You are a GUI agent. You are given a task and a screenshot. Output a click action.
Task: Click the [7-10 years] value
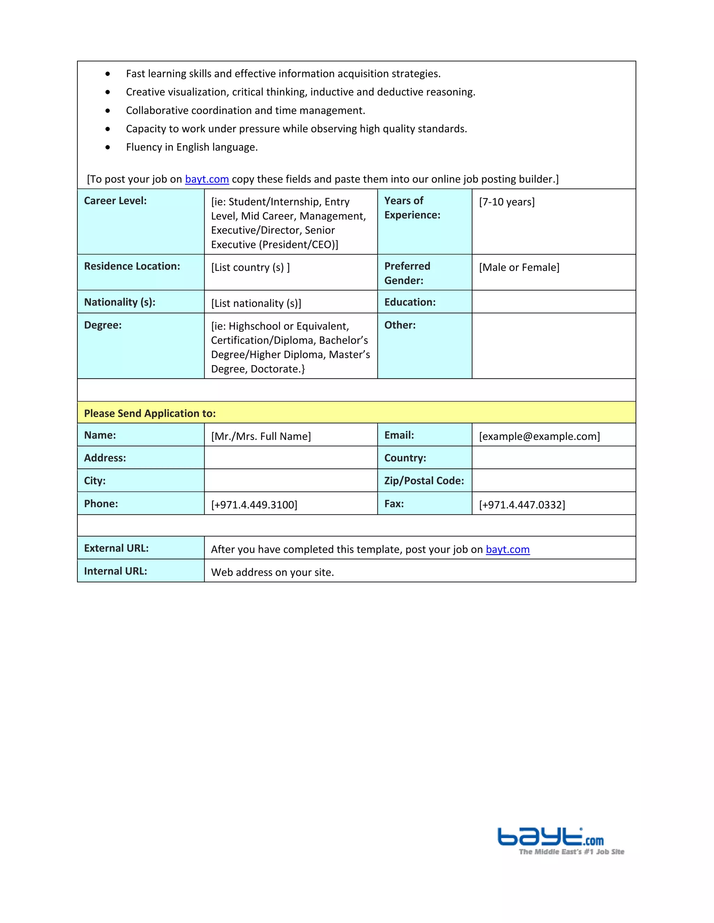[506, 202]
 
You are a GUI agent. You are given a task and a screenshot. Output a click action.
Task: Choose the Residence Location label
[132, 266]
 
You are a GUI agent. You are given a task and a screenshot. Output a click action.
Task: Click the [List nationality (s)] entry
[256, 303]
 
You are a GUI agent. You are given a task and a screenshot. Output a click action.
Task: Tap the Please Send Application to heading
[150, 413]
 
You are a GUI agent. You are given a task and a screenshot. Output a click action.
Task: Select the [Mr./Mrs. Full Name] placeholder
[260, 436]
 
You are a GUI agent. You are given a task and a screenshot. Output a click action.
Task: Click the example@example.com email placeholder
[539, 436]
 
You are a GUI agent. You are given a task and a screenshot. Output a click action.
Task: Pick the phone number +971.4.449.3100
[254, 505]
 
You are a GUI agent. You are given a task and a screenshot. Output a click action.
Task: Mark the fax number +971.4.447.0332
[522, 505]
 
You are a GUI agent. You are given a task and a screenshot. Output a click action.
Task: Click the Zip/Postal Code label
[424, 481]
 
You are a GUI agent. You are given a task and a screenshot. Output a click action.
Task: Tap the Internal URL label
[115, 571]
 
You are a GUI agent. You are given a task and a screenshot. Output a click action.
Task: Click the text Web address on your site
[272, 572]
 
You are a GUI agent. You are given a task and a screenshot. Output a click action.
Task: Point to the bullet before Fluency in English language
[108, 147]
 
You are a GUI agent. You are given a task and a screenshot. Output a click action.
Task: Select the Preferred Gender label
[407, 273]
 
